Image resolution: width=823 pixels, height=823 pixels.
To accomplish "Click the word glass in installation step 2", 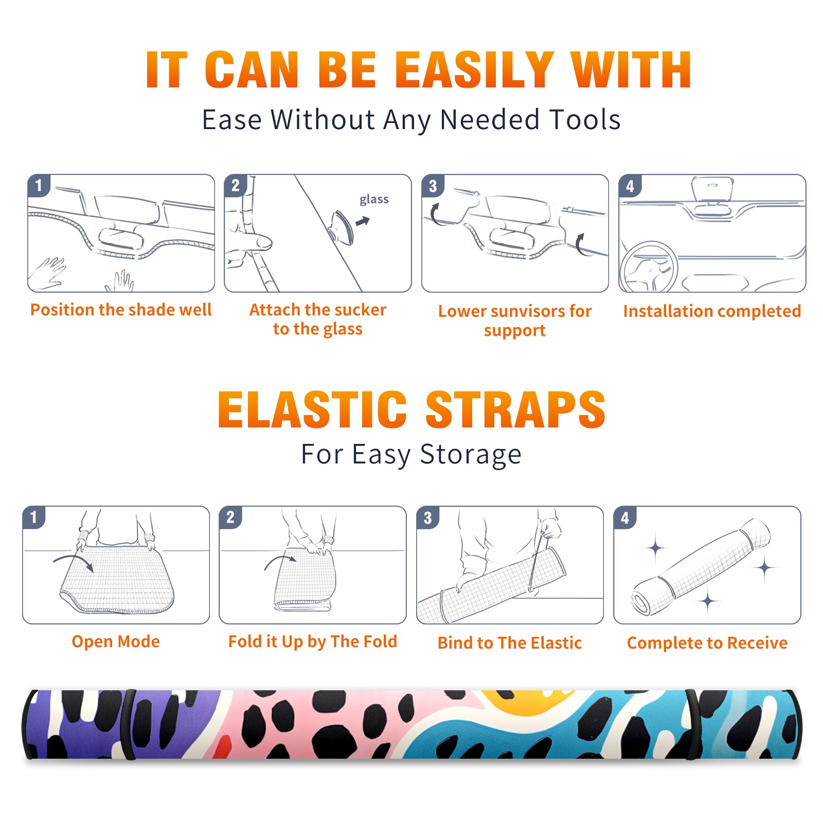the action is (374, 200).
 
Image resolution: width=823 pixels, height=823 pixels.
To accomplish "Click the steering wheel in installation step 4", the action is (649, 267).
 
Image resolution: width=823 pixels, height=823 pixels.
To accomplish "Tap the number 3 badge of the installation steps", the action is (433, 186).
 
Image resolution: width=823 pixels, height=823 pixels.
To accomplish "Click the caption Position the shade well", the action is (121, 310).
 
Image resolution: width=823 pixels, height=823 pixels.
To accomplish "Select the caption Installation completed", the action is (712, 311).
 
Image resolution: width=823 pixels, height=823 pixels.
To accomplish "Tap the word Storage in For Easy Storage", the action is (470, 455).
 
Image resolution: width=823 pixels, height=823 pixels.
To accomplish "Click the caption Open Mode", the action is (116, 642).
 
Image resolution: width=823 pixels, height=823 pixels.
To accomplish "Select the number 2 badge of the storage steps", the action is (230, 517).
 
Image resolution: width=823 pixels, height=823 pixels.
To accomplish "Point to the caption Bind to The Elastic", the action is (510, 643).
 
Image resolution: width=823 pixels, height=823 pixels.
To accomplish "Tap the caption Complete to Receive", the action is (707, 643).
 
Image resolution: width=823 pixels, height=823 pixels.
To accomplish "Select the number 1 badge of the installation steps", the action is (39, 185).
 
